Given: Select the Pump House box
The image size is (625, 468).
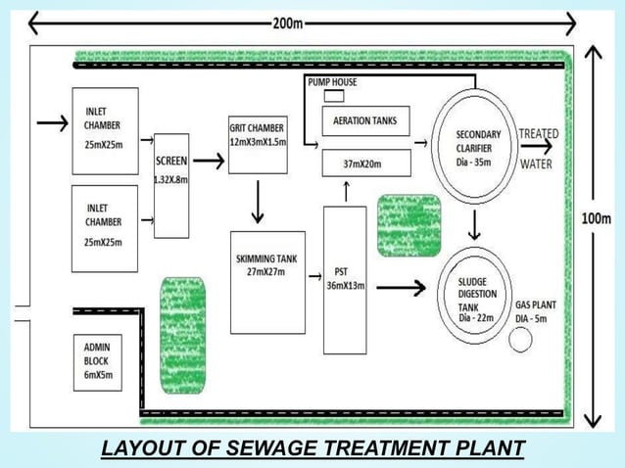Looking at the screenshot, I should pyautogui.click(x=332, y=83).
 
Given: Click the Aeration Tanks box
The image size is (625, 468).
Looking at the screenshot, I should pyautogui.click(x=364, y=121).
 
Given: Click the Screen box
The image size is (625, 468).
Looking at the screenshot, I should pyautogui.click(x=171, y=186).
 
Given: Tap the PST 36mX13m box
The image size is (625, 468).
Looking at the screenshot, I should pyautogui.click(x=344, y=280).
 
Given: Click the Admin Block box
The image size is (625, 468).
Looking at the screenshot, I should pyautogui.click(x=98, y=361).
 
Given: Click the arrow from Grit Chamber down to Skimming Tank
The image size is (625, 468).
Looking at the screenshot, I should pyautogui.click(x=258, y=203).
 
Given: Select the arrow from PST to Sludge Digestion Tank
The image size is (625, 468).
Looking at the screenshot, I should pyautogui.click(x=402, y=288).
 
